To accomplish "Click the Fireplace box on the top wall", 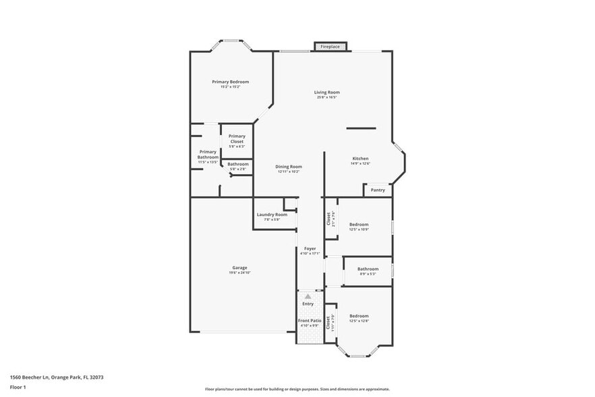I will [331, 47].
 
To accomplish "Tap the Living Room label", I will [327, 92].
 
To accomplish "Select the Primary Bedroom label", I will [230, 82].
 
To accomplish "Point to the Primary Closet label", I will [236, 139].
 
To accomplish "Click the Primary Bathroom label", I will [208, 155].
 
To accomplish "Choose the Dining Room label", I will [288, 166].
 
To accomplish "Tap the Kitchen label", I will [360, 159].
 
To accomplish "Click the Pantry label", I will [378, 190].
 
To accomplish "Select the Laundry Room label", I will [271, 215].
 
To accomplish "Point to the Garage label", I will [239, 267].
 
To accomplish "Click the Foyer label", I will [310, 248].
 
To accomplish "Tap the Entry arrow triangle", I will [308, 296].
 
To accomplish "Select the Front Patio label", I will [309, 321].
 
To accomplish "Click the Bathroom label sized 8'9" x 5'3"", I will [368, 269].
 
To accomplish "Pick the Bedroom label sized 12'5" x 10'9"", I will [359, 224].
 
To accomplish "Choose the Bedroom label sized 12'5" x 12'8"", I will [359, 316].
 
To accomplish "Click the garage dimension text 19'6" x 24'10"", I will [239, 273].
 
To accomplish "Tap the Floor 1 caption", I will [18, 387].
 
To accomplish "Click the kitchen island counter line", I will [362, 128].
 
